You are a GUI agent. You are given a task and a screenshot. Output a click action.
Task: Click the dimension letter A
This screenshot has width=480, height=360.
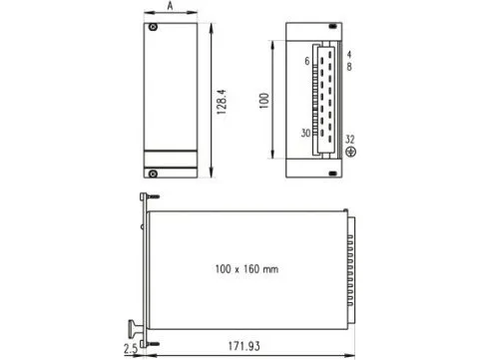click(x=170, y=6)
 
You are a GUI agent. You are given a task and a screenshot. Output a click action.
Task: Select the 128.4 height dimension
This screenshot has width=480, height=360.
click(x=222, y=102)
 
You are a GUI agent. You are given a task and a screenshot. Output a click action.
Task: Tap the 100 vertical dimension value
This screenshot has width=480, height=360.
click(x=263, y=101)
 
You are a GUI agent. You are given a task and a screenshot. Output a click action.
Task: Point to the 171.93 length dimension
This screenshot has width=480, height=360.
click(x=243, y=346)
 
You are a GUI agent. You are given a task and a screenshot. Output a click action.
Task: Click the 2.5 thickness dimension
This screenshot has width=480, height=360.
click(x=131, y=348)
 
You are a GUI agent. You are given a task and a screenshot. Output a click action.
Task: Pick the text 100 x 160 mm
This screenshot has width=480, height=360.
click(x=246, y=269)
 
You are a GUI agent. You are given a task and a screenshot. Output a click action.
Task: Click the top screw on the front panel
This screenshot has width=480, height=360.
click(x=153, y=27)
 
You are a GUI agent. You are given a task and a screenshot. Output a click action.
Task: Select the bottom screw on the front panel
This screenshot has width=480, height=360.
click(x=153, y=174)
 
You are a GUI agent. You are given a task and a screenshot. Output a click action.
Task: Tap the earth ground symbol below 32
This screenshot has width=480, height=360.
click(x=350, y=152)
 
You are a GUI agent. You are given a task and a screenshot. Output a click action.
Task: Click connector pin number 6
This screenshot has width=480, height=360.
click(x=307, y=61)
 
